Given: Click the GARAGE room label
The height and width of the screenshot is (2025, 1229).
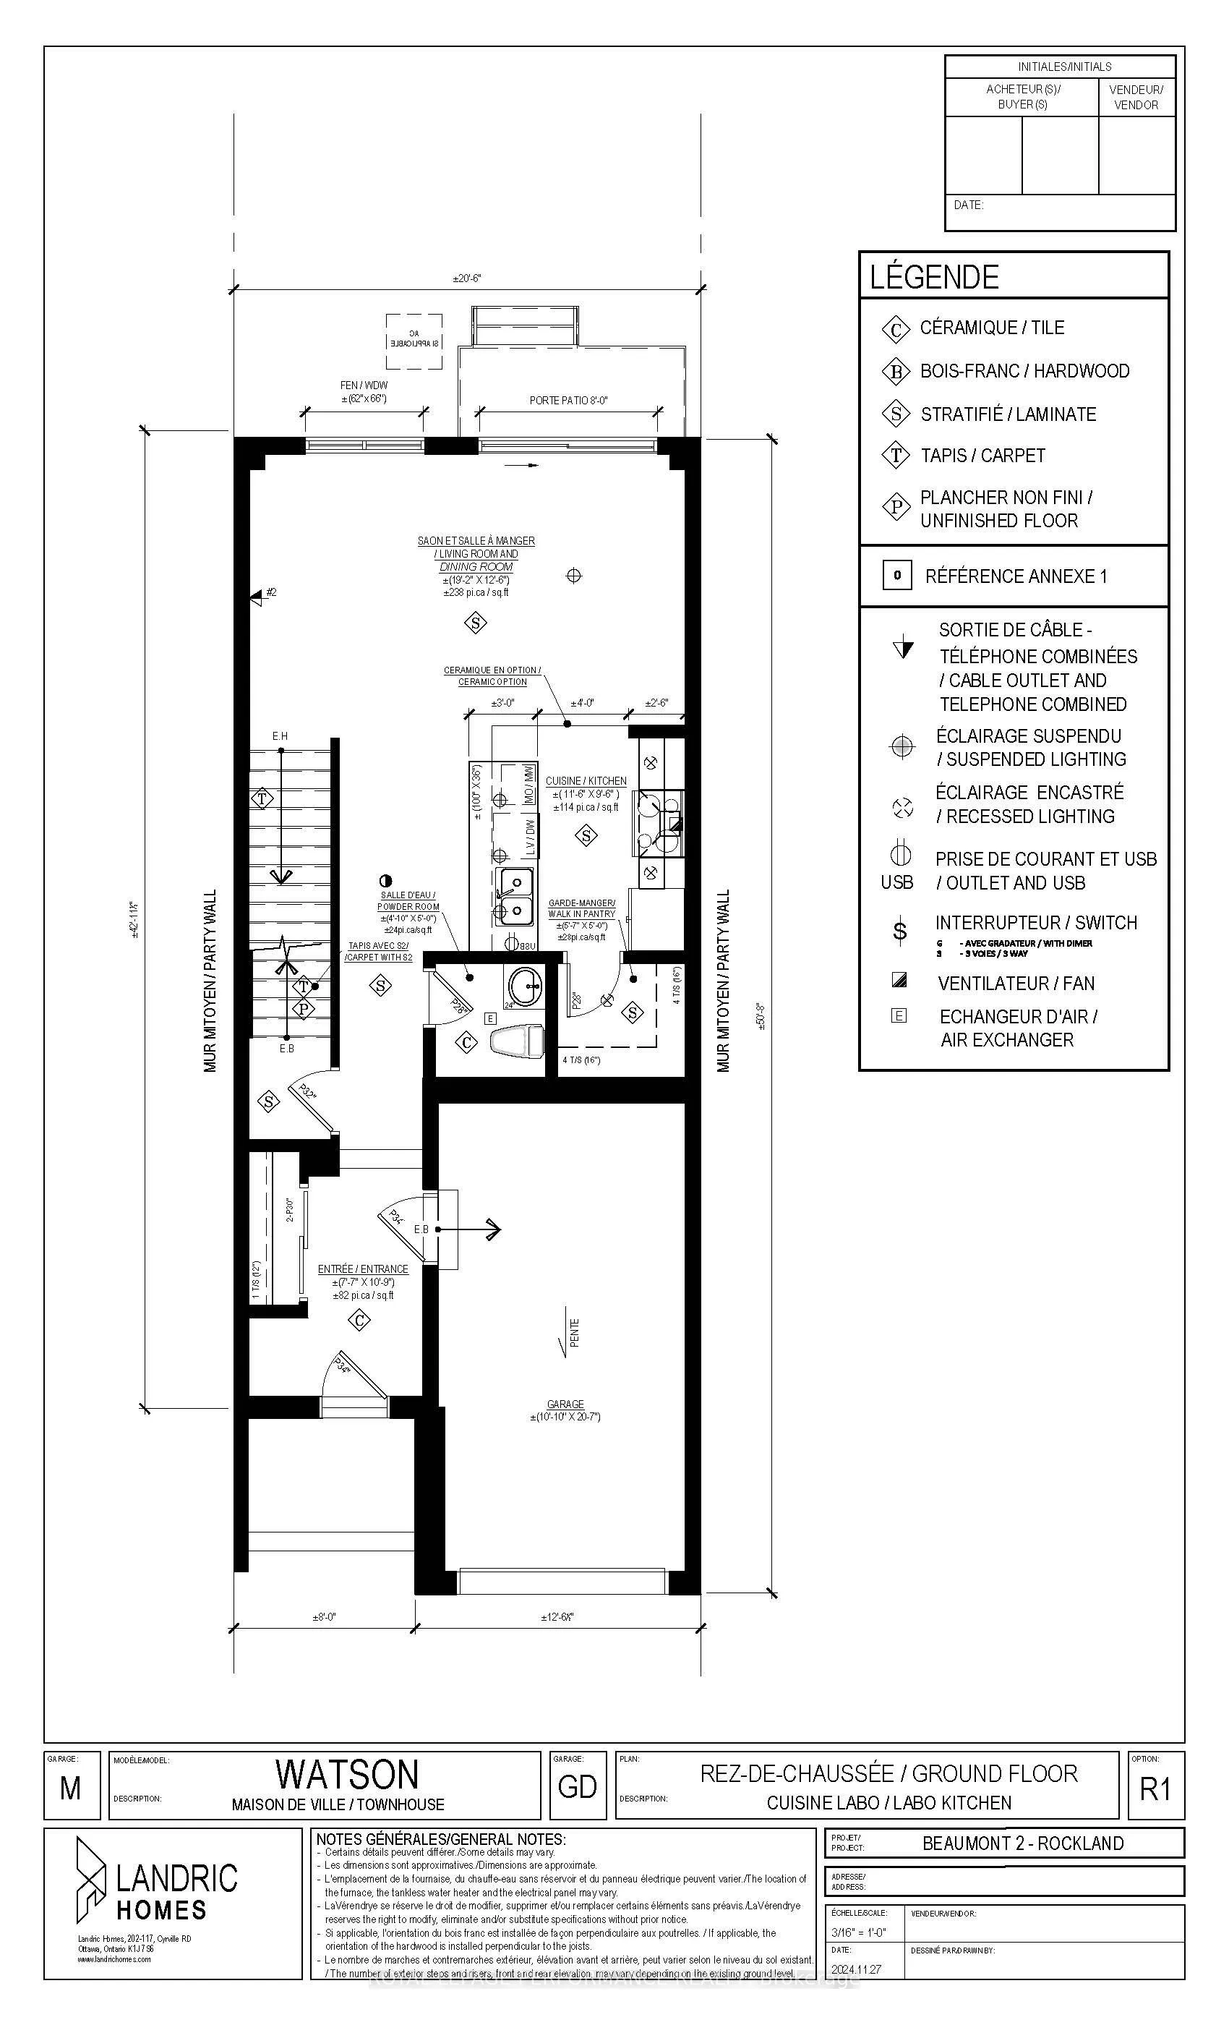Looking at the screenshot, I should tap(565, 1404).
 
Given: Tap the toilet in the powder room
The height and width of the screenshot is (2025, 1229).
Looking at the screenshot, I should tap(516, 1041).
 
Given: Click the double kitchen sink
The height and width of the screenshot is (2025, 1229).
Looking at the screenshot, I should tap(513, 897).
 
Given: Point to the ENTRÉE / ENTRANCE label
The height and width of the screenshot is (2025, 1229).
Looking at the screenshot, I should tap(362, 1269).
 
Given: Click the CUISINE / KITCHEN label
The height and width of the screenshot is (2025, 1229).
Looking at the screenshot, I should tap(586, 781).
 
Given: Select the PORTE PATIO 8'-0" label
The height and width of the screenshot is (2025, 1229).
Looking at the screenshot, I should tap(568, 400).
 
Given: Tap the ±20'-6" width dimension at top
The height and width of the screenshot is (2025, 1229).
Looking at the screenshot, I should tap(466, 278).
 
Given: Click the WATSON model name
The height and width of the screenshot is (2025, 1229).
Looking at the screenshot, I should tap(347, 1773).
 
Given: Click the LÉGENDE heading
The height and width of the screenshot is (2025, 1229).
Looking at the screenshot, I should tap(934, 278).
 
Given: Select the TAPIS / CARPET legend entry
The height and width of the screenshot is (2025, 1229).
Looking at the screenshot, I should tap(982, 456).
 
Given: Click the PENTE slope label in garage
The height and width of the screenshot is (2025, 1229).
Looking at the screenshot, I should tap(574, 1332).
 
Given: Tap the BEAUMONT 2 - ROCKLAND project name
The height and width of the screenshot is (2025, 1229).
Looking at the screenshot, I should tap(1022, 1843).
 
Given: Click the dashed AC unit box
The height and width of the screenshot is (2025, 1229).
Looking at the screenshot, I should tap(414, 342).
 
